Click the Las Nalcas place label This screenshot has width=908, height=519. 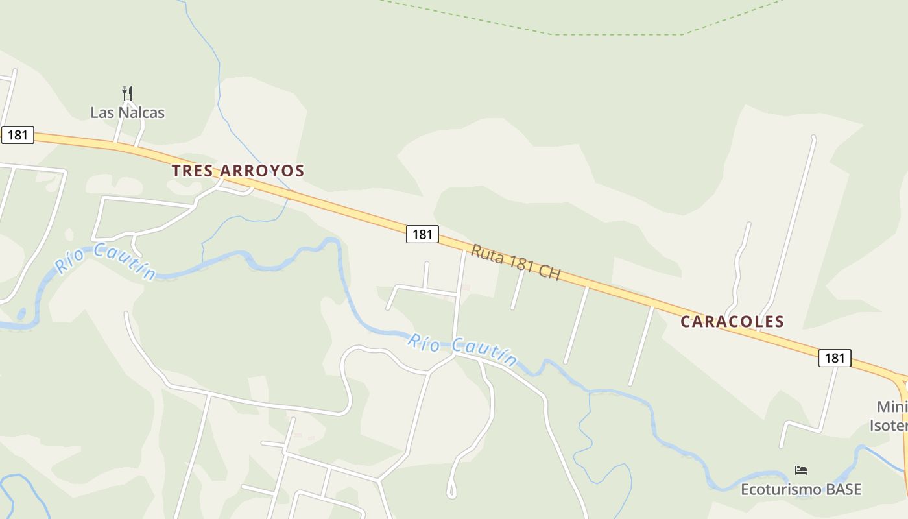(x=127, y=112)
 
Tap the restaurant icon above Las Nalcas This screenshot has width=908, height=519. (x=127, y=93)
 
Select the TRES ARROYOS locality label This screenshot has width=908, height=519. (x=238, y=171)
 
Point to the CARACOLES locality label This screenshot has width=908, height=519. (x=732, y=321)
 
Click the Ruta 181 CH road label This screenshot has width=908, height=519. (x=516, y=262)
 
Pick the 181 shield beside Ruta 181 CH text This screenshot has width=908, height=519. (x=422, y=234)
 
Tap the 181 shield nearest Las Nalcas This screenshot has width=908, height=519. (x=18, y=135)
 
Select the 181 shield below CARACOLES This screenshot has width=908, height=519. (x=835, y=357)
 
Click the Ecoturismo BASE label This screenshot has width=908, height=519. (x=801, y=489)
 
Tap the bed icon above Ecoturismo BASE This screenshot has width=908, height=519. (x=801, y=470)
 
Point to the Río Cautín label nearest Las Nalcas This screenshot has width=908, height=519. (x=106, y=261)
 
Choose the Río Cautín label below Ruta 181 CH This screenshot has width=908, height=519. (x=462, y=350)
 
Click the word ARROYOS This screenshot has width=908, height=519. (x=262, y=171)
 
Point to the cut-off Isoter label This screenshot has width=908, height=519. (x=889, y=426)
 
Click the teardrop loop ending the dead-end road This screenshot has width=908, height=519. (x=451, y=490)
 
